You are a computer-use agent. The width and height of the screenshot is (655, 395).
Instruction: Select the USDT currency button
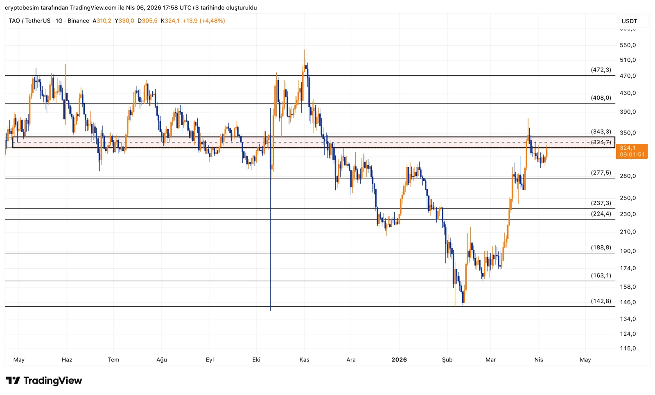629,21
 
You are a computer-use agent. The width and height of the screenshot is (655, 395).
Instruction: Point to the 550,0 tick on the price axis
628,45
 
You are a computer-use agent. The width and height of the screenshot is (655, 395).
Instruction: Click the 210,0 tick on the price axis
628,232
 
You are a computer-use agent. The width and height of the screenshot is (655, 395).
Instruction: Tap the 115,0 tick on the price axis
628,348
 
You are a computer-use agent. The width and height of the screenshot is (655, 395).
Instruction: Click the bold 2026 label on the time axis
399,360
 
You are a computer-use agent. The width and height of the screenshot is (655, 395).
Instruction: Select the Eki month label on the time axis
256,360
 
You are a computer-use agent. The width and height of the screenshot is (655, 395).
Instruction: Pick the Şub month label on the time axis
447,360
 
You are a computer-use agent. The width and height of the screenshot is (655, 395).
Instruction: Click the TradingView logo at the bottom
44,381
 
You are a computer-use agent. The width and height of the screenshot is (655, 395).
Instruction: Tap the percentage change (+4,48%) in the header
212,21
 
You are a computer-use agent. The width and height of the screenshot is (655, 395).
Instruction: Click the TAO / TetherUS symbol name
29,21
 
